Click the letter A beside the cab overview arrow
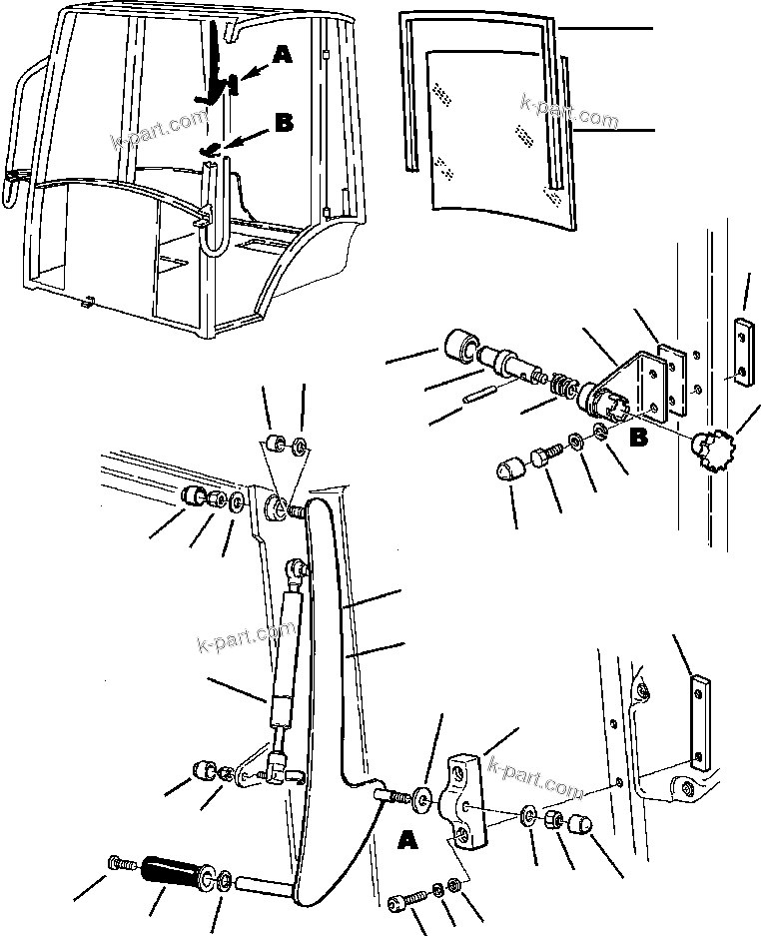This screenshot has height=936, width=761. click(283, 58)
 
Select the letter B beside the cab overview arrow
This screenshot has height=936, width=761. click(284, 123)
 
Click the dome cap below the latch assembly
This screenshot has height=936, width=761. click(509, 470)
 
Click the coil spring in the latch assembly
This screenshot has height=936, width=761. click(566, 387)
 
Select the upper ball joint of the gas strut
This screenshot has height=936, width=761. click(296, 569)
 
